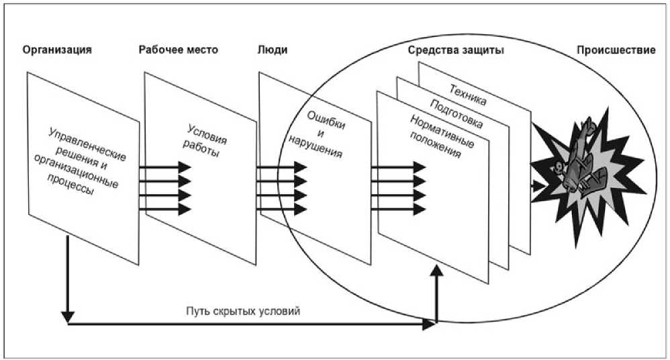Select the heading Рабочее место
178,50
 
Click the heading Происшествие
615,50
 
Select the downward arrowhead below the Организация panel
68,314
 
